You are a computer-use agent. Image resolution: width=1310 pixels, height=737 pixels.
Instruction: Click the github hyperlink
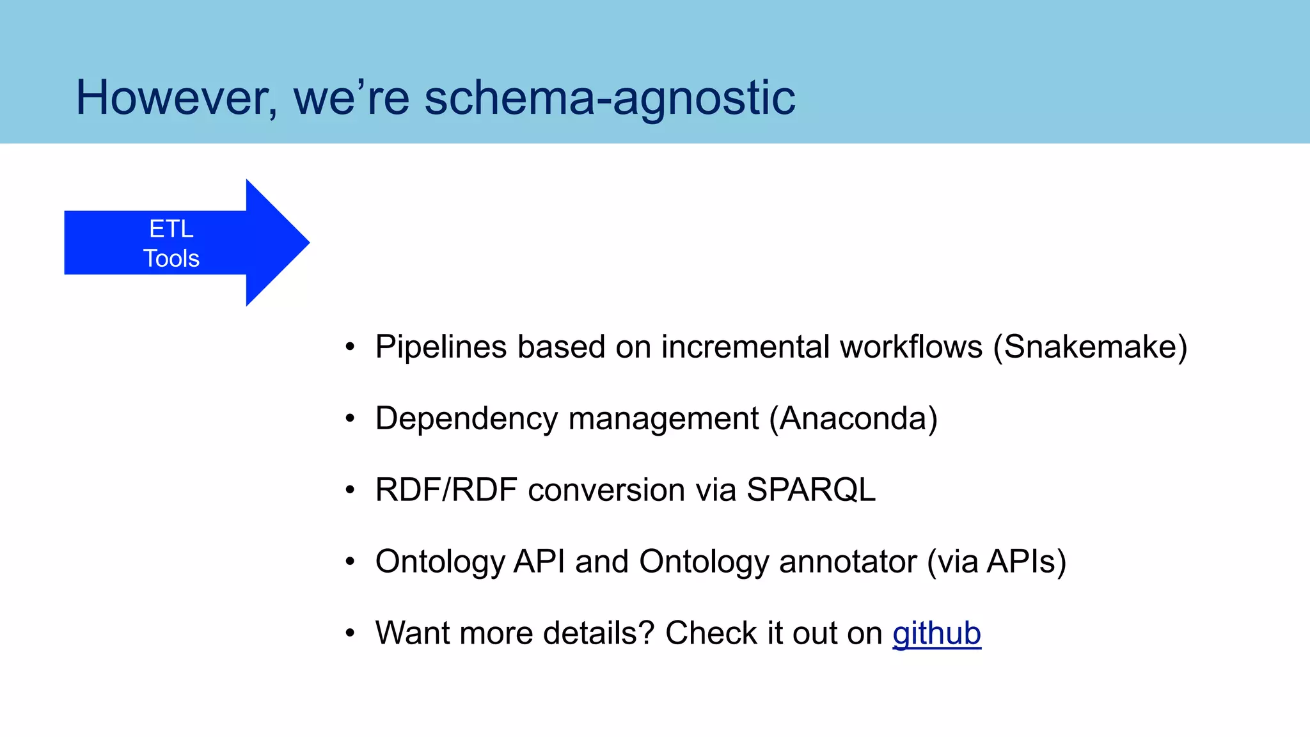coord(936,633)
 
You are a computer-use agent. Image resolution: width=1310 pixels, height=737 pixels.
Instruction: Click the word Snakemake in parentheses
coord(1090,347)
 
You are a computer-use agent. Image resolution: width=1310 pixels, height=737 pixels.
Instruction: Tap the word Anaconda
coord(853,419)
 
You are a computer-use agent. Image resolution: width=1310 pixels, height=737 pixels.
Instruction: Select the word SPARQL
coord(810,490)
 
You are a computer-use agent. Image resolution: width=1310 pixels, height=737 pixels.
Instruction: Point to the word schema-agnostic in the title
coord(610,98)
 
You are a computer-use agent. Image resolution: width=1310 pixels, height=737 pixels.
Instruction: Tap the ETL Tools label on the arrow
coord(171,243)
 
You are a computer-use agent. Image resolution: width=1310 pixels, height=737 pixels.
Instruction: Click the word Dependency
coord(466,419)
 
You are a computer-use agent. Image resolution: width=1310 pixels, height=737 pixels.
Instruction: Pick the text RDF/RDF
coord(446,490)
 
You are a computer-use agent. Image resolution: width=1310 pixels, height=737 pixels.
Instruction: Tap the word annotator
coord(848,562)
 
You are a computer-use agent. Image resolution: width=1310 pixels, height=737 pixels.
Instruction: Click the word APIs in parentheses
coord(1021,562)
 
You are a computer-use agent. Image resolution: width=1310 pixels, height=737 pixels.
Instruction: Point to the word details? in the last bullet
coord(599,633)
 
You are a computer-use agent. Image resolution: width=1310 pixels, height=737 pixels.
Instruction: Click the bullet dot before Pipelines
coord(349,347)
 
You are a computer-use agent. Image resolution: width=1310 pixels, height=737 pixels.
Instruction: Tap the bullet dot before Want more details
coord(349,633)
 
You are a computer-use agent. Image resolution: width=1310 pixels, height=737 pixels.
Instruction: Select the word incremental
coord(745,347)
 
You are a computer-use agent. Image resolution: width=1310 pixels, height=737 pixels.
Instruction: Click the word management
coord(663,419)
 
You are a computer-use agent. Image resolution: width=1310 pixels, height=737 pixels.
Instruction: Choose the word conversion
coord(606,490)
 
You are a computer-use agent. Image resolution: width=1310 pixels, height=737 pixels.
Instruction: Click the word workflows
coord(911,347)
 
